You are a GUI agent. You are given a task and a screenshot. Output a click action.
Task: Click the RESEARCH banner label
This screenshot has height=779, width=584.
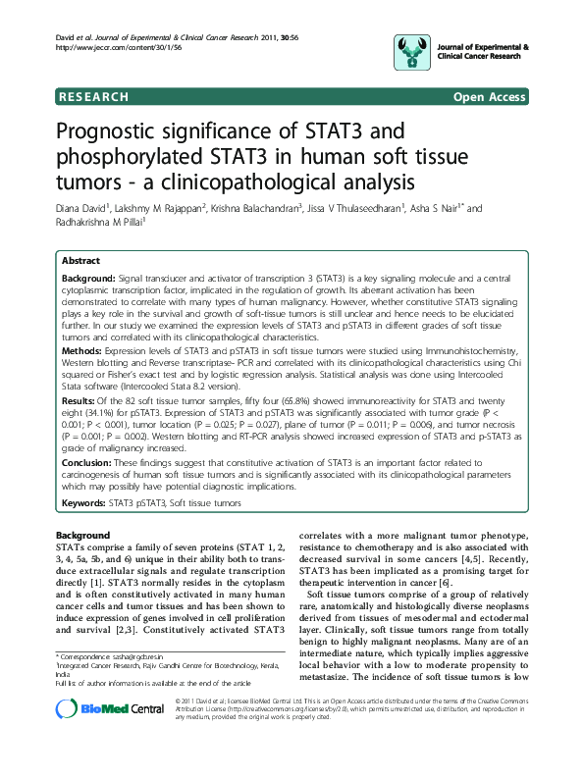[x=93, y=97]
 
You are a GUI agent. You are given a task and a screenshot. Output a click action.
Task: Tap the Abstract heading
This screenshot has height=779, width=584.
[x=80, y=262]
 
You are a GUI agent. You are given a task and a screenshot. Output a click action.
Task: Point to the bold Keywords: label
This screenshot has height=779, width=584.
[x=85, y=503]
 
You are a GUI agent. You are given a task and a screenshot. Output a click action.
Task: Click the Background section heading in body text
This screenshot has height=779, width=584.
[x=82, y=534]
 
